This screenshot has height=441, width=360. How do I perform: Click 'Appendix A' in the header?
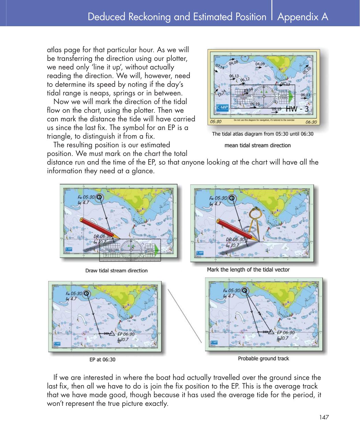pyautogui.click(x=303, y=17)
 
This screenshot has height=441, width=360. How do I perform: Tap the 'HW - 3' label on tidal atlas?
pyautogui.click(x=299, y=109)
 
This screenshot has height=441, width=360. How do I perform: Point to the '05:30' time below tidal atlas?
pyautogui.click(x=216, y=122)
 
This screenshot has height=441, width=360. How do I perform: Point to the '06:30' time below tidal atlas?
pyautogui.click(x=311, y=122)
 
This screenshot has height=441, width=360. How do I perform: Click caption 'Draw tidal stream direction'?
pyautogui.click(x=116, y=271)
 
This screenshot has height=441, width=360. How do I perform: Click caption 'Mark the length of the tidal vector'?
pyautogui.click(x=248, y=269)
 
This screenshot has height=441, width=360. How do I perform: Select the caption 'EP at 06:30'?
pyautogui.click(x=102, y=359)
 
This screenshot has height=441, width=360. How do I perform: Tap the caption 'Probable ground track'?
pyautogui.click(x=263, y=359)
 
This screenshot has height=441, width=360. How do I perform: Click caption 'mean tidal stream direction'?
pyautogui.click(x=258, y=145)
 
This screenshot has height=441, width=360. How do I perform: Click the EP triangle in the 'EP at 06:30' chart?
pyautogui.click(x=112, y=333)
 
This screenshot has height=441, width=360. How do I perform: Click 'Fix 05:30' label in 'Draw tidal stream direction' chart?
pyautogui.click(x=86, y=197)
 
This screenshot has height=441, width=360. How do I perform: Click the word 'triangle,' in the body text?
pyautogui.click(x=60, y=136)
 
